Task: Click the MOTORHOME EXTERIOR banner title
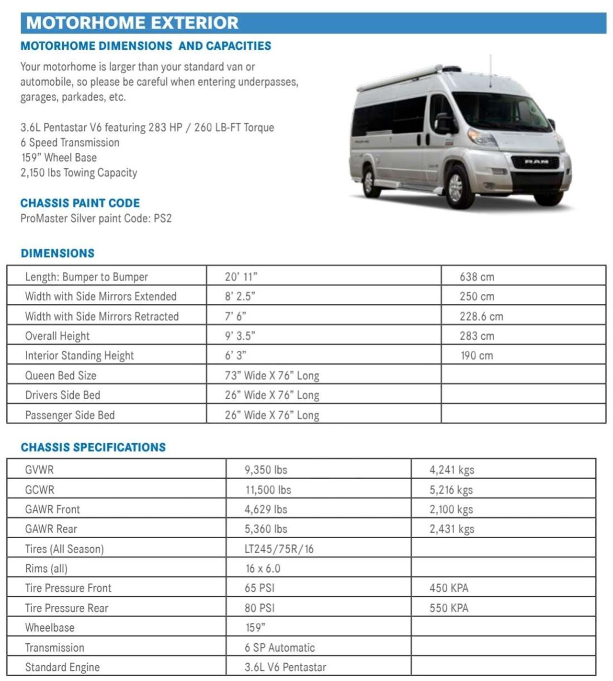click(132, 23)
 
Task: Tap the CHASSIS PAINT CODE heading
click(80, 203)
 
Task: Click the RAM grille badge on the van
click(536, 162)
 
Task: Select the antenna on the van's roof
click(490, 72)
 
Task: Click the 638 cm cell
click(477, 277)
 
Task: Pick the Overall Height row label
click(57, 336)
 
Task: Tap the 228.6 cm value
click(481, 316)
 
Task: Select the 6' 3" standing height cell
click(236, 356)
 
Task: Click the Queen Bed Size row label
click(61, 375)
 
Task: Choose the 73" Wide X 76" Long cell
click(272, 375)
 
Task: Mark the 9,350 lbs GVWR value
click(266, 470)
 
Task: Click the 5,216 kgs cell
click(451, 490)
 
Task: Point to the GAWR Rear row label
click(51, 529)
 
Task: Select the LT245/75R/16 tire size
click(279, 549)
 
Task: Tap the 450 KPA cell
click(449, 588)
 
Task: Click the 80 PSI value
click(260, 608)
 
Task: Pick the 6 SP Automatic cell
click(280, 647)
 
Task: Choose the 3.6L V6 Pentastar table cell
click(285, 667)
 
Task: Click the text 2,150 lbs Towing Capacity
click(79, 173)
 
